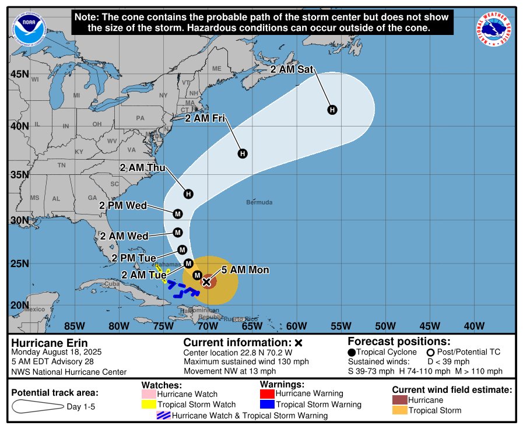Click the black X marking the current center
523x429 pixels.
(206, 282)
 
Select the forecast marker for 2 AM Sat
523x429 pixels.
(332, 110)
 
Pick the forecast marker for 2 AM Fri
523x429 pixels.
(243, 153)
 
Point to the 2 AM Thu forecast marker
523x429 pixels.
(188, 194)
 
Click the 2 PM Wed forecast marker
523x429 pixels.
(178, 213)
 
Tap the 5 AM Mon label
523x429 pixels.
(244, 270)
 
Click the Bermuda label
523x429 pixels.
(259, 202)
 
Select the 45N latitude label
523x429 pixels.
(20, 74)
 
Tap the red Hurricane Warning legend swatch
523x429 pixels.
(266, 393)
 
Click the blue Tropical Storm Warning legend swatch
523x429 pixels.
(266, 405)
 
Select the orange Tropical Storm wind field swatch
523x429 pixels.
(399, 410)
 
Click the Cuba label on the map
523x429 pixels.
(111, 284)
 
